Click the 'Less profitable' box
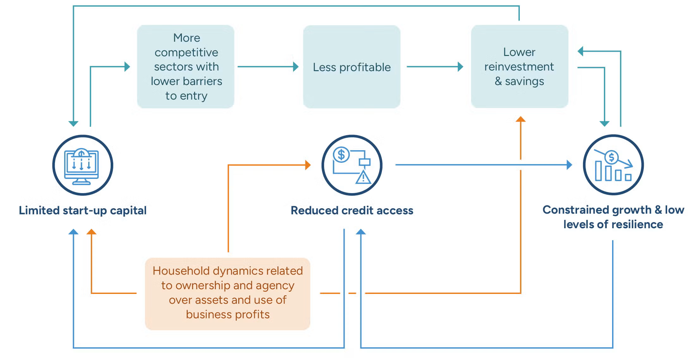352,67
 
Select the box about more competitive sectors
186,67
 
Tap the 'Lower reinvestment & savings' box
519,67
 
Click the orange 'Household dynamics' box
228,293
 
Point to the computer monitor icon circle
83,165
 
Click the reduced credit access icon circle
352,165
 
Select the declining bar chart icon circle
613,165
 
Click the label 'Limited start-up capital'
83,211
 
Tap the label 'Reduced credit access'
352,211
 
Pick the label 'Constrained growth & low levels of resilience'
613,217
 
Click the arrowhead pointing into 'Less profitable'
296,67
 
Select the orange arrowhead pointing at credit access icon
308,165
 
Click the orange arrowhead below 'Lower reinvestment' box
520,119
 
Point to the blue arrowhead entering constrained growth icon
569,165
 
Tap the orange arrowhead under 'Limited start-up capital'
91,232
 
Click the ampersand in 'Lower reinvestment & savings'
498,81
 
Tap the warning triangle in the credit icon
363,178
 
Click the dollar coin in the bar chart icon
611,157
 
